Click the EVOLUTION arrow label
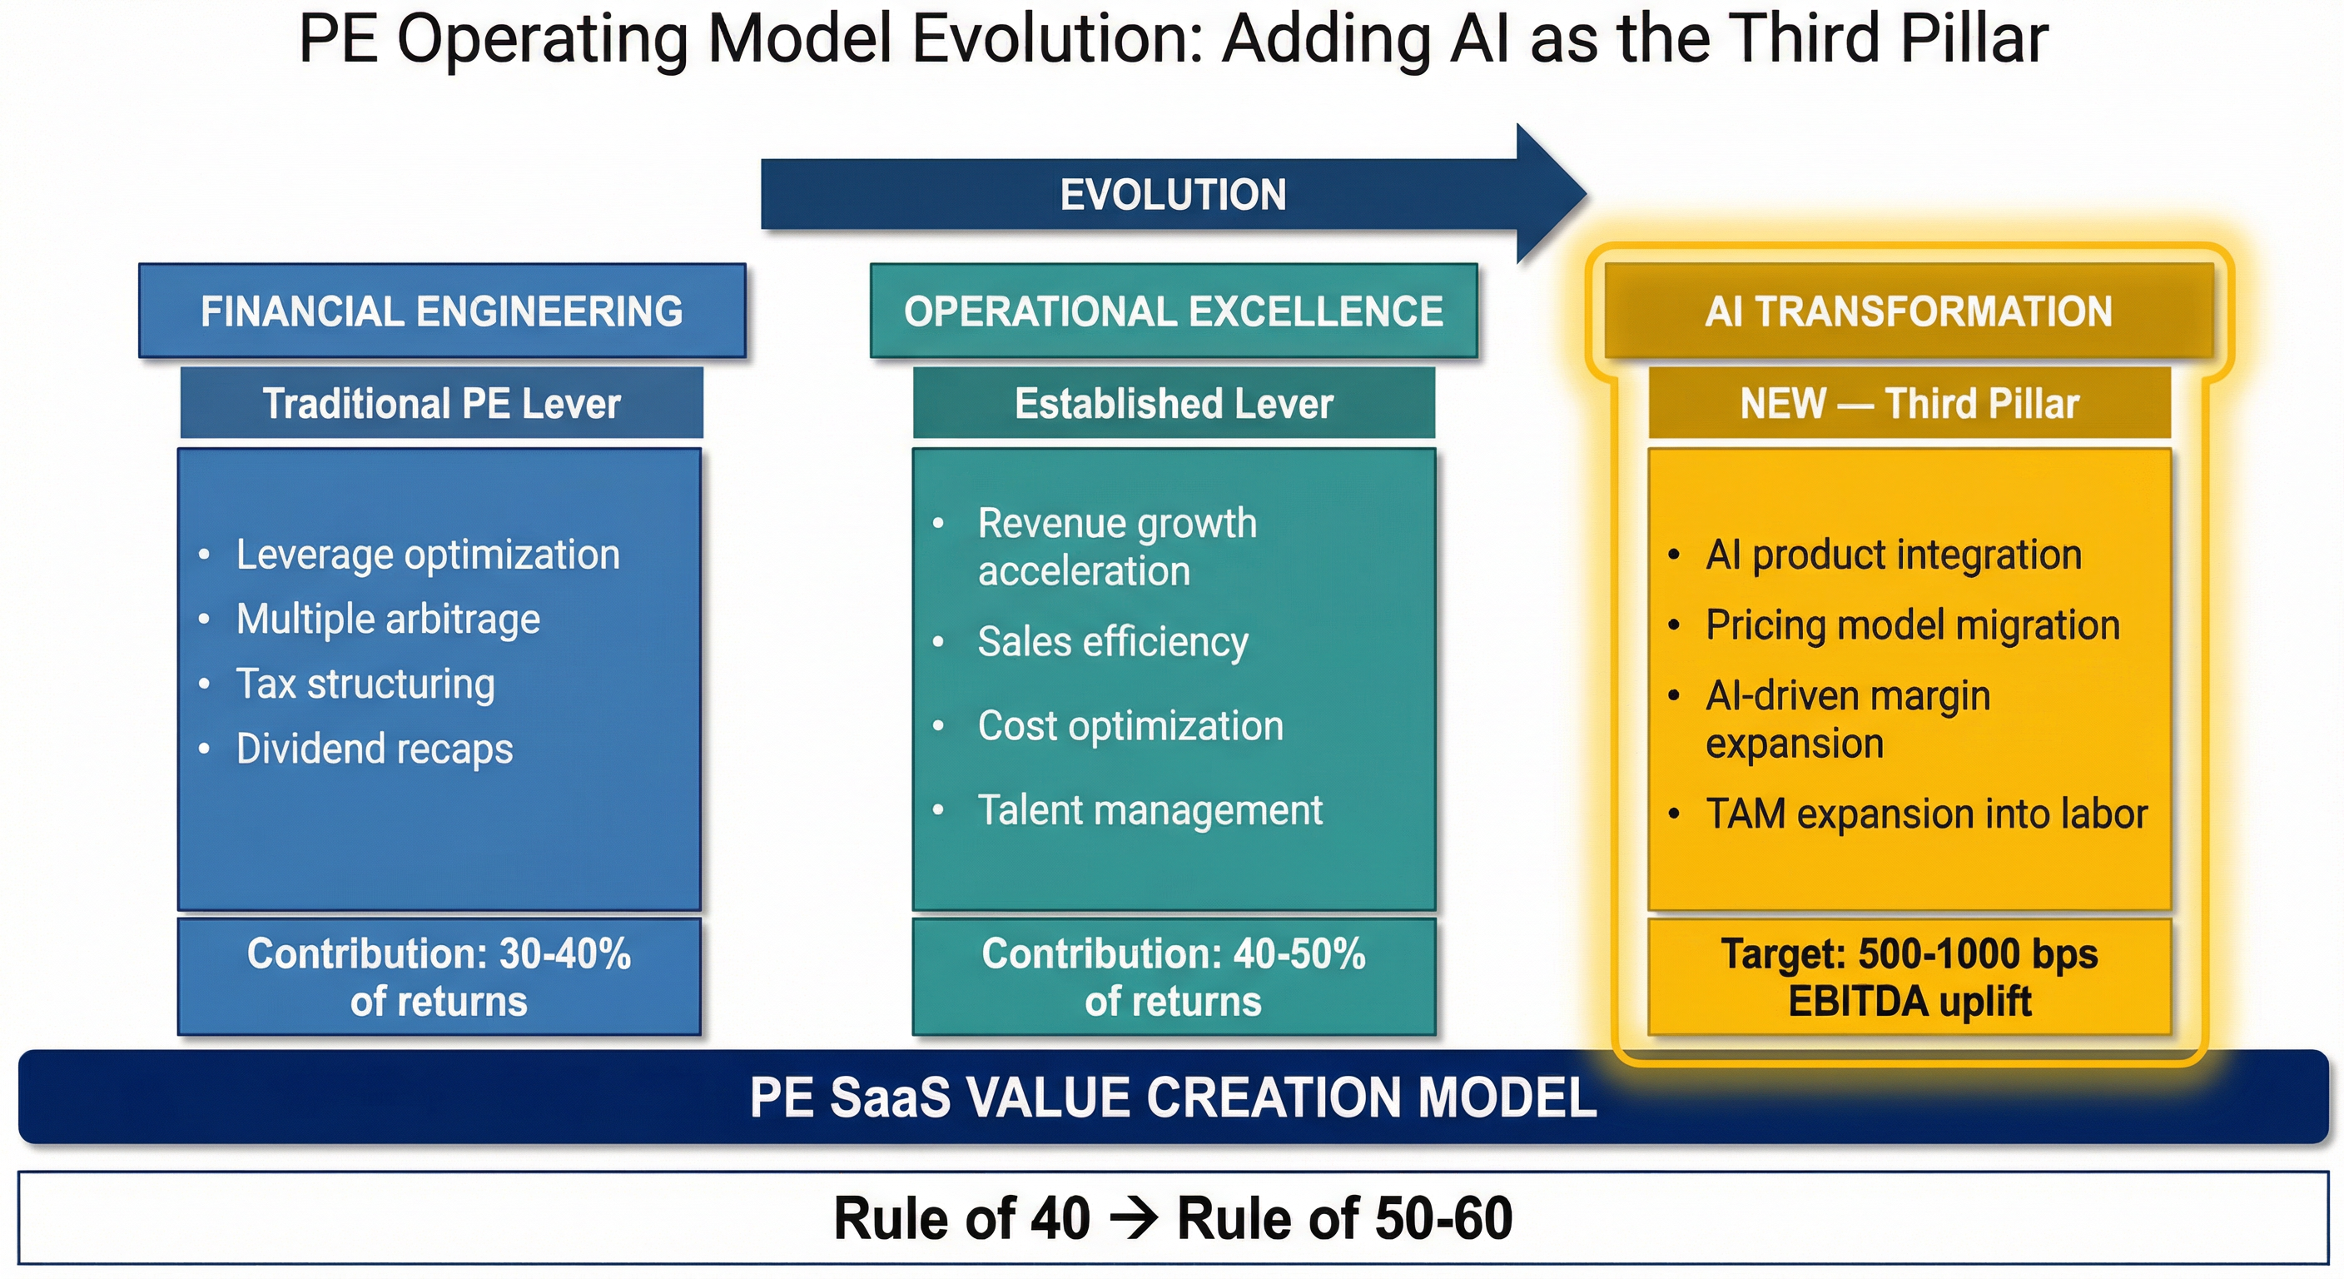pyautogui.click(x=1173, y=195)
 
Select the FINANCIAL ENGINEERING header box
pyautogui.click(x=442, y=311)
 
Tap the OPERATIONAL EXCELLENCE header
pyautogui.click(x=1174, y=311)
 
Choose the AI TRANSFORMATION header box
pyautogui.click(x=1909, y=311)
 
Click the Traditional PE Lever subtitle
pyautogui.click(x=441, y=403)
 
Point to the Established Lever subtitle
pyautogui.click(x=1174, y=403)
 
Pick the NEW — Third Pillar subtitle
pyautogui.click(x=1909, y=403)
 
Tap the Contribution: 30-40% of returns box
pyautogui.click(x=439, y=977)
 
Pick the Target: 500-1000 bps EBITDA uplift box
pyautogui.click(x=1909, y=977)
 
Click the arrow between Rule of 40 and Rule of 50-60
pyautogui.click(x=1134, y=1218)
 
